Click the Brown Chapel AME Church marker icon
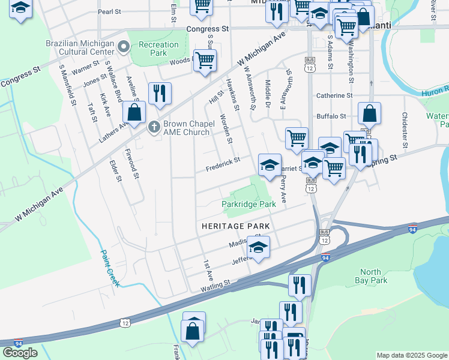coord(154,127)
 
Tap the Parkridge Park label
coord(249,204)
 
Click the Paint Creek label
coord(109,267)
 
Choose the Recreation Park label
coord(158,49)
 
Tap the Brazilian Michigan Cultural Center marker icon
coord(124,46)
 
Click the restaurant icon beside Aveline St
coord(160,93)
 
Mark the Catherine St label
coord(334,95)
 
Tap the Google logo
coord(20,352)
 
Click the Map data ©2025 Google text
coord(411,355)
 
